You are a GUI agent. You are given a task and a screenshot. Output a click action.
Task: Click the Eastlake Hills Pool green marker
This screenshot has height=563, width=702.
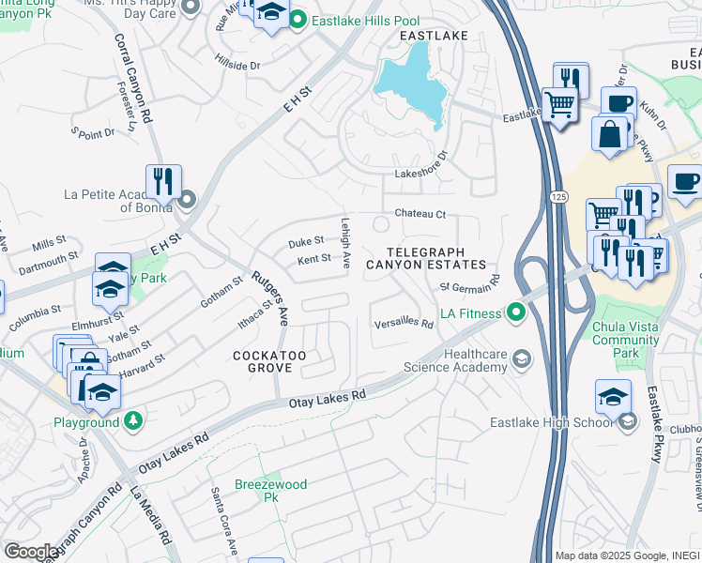pos(298,19)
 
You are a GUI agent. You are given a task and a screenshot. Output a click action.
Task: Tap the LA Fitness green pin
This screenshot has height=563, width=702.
pos(514,312)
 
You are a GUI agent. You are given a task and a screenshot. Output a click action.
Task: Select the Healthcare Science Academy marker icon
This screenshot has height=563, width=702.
pos(521,358)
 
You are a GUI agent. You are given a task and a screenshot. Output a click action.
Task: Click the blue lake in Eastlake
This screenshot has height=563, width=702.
pos(411,83)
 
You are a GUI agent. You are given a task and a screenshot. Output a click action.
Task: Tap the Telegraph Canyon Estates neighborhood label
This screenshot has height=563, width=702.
pos(425,258)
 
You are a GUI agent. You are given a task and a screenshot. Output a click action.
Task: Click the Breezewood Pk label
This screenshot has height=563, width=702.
pos(272,491)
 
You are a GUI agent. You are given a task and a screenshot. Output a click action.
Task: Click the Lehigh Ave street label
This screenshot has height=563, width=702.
pos(345,245)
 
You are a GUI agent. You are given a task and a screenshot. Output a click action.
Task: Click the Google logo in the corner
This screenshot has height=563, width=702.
pos(31,552)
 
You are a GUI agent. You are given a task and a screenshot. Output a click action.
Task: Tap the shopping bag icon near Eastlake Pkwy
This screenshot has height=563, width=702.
pos(610,133)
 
